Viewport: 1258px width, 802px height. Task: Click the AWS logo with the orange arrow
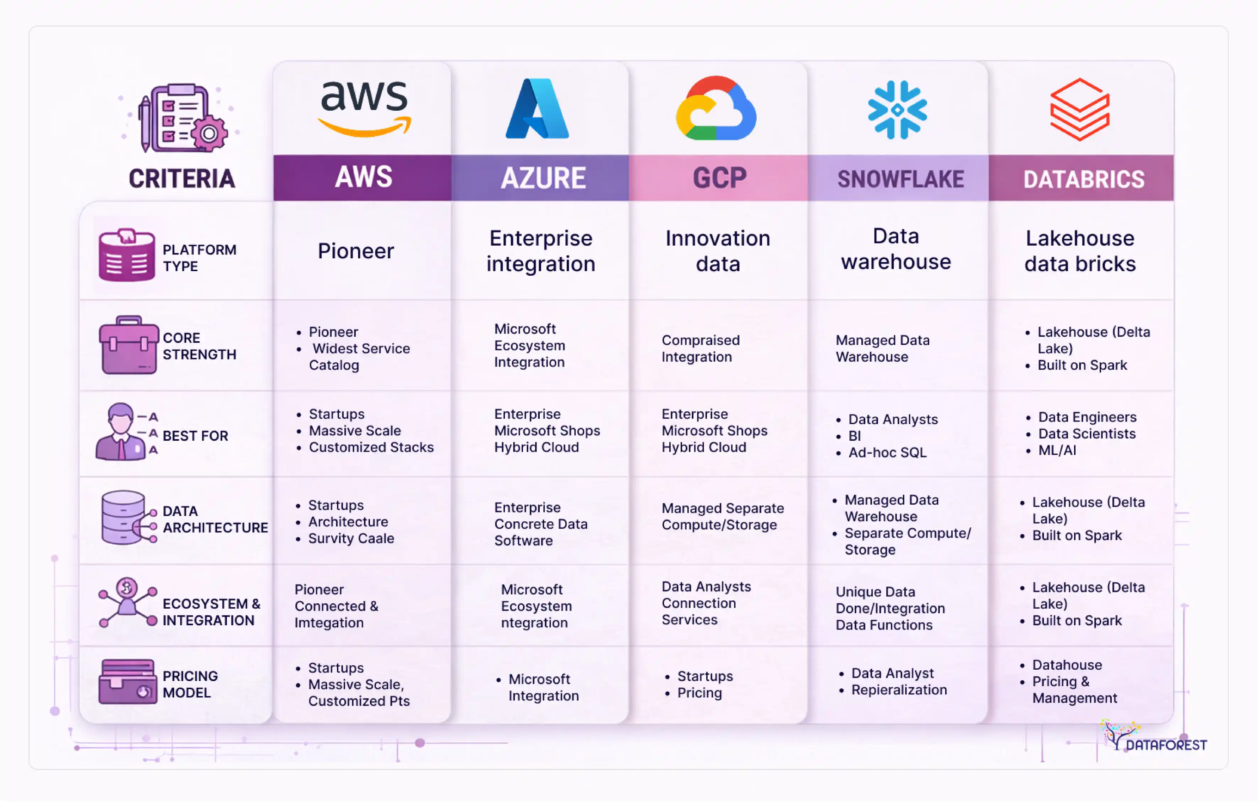[364, 108]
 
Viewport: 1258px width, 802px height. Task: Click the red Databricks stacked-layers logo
[1079, 109]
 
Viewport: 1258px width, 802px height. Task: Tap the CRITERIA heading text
[182, 178]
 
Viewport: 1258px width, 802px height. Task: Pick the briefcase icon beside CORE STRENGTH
[129, 345]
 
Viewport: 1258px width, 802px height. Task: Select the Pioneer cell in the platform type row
[356, 251]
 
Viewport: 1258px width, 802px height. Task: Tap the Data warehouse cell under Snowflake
[896, 249]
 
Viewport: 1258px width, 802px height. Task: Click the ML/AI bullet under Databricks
[1057, 450]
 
